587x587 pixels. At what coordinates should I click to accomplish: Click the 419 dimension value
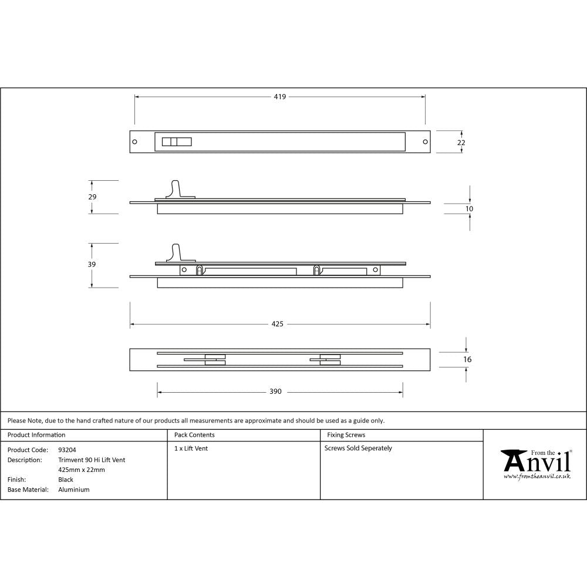point(279,97)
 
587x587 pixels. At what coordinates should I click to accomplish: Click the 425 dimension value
point(278,324)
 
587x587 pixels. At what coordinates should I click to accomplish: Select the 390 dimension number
point(275,392)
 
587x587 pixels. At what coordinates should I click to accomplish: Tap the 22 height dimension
point(461,143)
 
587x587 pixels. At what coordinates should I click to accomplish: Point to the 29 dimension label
point(92,197)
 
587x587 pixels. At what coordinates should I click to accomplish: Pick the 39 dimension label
point(92,265)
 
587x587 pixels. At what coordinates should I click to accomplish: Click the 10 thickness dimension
point(469,209)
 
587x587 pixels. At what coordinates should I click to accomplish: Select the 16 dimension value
point(467,359)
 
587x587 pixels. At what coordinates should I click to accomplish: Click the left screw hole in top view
point(134,142)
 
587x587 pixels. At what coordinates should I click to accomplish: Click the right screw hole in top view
point(425,142)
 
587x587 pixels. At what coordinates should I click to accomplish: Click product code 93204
point(67,450)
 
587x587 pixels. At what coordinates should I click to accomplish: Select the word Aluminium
point(74,490)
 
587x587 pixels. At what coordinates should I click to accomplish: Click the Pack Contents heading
point(194,435)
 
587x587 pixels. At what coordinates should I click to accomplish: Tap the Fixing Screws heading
point(346,435)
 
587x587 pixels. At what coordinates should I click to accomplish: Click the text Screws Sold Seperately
point(358,448)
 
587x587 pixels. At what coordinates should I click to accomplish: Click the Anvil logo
point(536,463)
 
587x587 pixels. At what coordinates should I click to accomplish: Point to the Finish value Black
point(66,480)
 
